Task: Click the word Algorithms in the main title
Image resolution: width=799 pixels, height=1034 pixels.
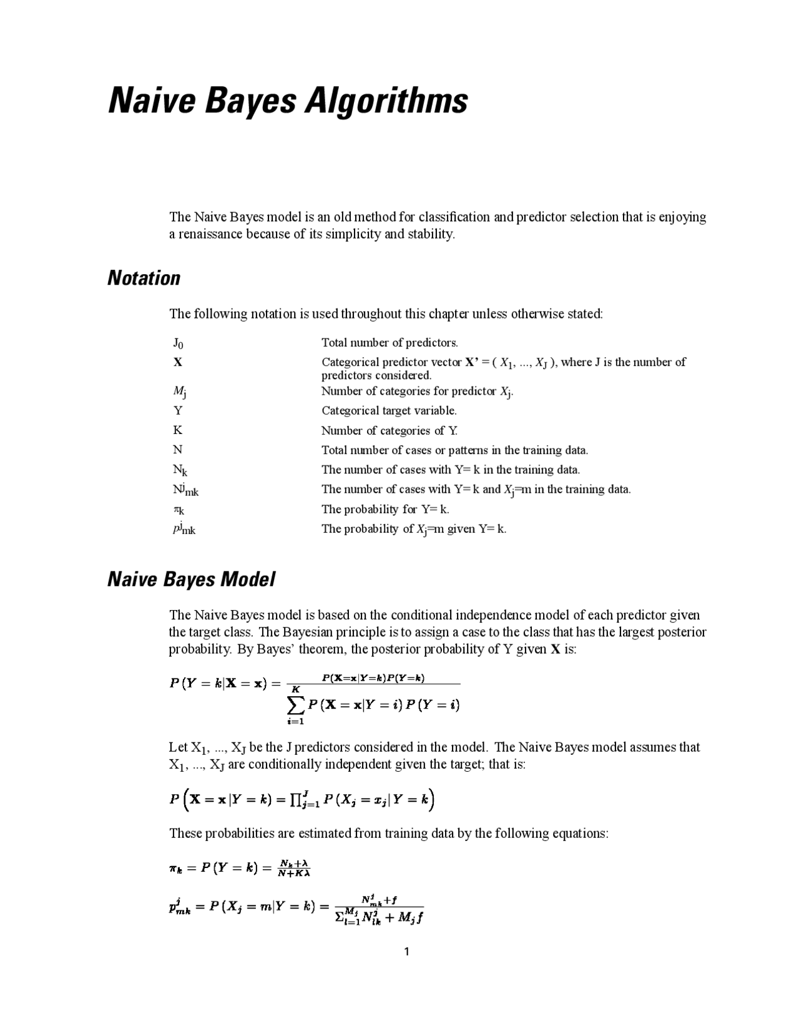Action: [386, 101]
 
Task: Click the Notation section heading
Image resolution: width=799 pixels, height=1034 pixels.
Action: [144, 278]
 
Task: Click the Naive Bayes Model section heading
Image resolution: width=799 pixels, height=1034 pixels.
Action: [191, 579]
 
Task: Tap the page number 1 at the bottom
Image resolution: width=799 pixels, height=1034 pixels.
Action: [406, 952]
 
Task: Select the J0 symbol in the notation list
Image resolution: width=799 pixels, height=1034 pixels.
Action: [178, 343]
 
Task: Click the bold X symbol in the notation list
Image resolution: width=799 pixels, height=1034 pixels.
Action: [177, 362]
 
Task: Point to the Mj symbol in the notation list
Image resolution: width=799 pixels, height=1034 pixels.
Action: [179, 392]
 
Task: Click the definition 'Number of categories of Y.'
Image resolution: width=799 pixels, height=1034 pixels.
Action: [389, 431]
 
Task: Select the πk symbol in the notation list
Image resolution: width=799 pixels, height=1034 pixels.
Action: [179, 510]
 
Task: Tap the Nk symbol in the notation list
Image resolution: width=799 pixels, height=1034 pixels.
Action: [180, 470]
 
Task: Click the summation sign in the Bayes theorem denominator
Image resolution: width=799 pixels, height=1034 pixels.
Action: [295, 705]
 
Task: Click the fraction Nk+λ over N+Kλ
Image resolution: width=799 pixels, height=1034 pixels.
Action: [294, 868]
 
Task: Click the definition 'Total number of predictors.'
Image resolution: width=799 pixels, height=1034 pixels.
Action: [390, 343]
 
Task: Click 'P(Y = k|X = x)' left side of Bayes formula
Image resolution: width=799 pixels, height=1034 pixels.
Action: [218, 683]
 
